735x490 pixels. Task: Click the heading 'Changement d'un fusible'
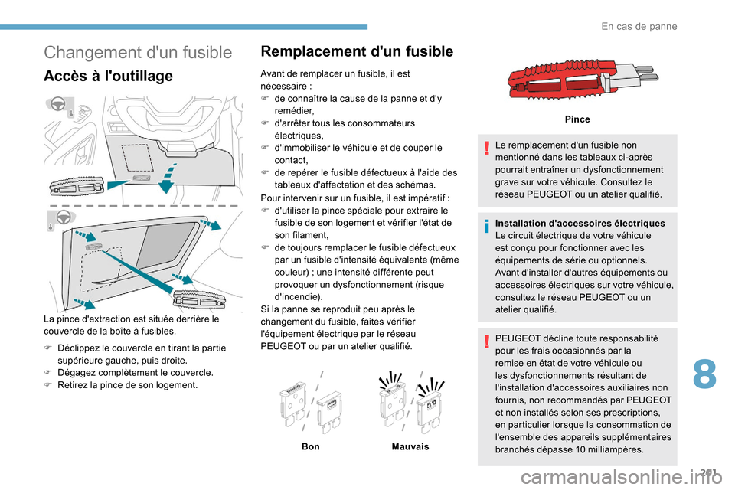pyautogui.click(x=138, y=53)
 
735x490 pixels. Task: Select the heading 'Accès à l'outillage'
pyautogui.click(x=109, y=76)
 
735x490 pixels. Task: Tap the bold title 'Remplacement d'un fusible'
pyautogui.click(x=357, y=52)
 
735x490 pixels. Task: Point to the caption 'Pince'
pyautogui.click(x=577, y=120)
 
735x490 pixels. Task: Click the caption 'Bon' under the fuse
pyautogui.click(x=311, y=446)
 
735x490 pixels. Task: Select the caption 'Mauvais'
pyautogui.click(x=410, y=446)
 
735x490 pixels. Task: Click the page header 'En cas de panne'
pyautogui.click(x=639, y=26)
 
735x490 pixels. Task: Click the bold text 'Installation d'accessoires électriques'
pyautogui.click(x=580, y=223)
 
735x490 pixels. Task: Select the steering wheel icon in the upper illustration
pyautogui.click(x=57, y=105)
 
